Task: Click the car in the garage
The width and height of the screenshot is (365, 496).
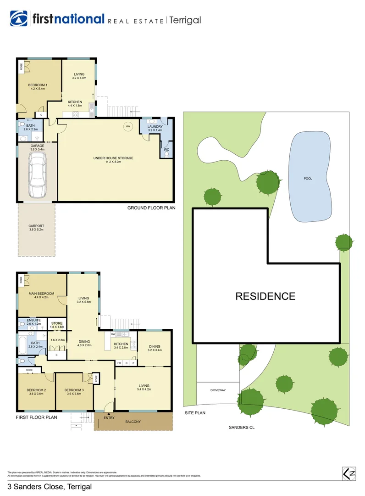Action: tap(37, 175)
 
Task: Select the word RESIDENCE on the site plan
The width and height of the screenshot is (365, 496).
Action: tap(265, 296)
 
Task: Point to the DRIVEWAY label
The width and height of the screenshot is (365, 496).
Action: tap(219, 389)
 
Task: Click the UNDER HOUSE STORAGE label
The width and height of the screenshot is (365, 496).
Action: tap(113, 158)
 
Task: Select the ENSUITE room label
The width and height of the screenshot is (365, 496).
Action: tap(34, 320)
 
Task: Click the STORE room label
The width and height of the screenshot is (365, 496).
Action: tap(56, 323)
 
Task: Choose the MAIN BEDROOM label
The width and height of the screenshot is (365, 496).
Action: tap(41, 293)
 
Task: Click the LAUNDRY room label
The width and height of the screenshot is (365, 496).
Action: tap(155, 126)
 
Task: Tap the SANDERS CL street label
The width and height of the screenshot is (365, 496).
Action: tap(241, 427)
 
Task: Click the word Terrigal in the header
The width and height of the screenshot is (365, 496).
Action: tap(185, 20)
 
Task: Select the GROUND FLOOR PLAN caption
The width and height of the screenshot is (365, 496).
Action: tap(151, 208)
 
